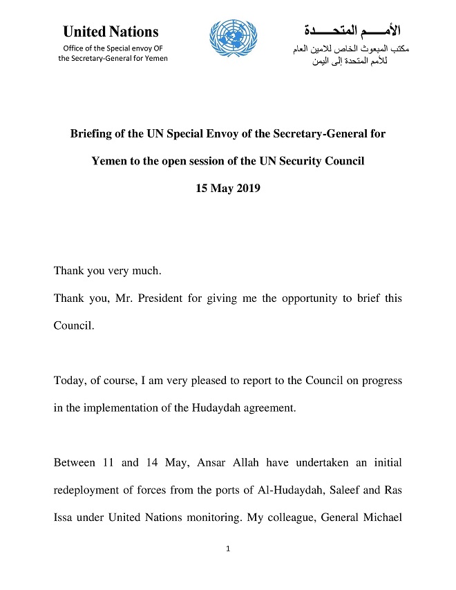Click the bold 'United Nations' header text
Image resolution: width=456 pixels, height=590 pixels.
point(111,32)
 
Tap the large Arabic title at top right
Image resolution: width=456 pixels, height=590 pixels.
point(351,31)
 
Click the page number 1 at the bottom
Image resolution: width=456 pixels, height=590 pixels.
point(227,549)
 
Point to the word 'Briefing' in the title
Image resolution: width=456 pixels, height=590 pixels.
point(91,133)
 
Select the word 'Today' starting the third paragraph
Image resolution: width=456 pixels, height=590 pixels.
point(68,380)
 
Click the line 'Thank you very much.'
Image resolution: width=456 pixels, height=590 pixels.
point(107,271)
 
